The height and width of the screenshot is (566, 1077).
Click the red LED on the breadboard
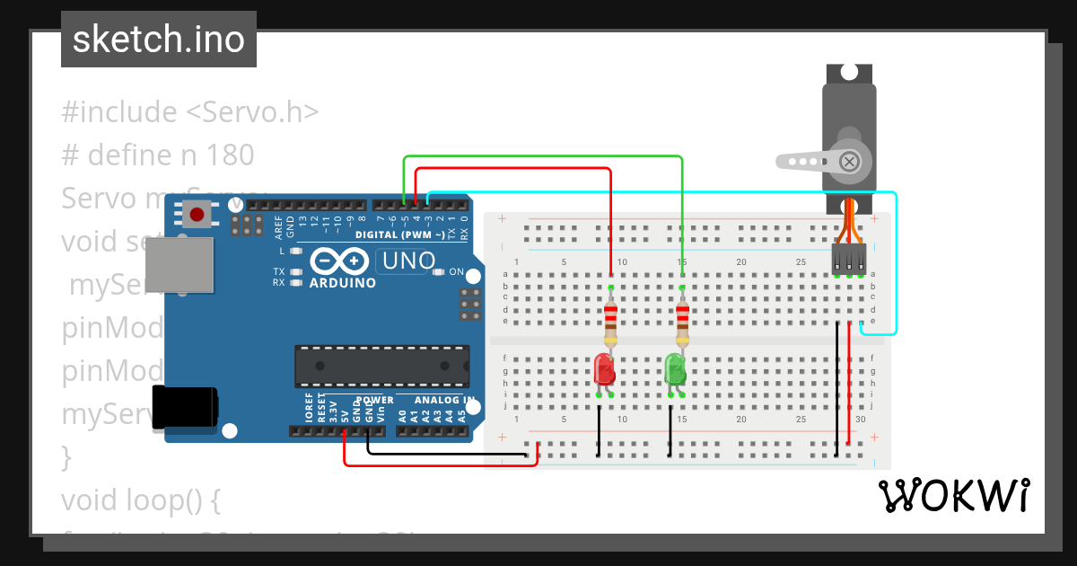tap(604, 369)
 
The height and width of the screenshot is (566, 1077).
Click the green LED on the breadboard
tap(675, 369)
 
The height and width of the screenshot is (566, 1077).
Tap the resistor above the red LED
tap(611, 324)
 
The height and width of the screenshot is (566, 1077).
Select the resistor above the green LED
tap(682, 324)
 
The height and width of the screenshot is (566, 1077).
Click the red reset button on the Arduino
tap(197, 213)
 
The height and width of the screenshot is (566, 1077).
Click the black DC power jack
tap(184, 406)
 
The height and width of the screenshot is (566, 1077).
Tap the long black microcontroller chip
tap(381, 367)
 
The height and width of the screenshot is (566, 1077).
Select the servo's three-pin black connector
tap(848, 260)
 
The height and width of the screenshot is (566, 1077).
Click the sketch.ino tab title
tap(159, 40)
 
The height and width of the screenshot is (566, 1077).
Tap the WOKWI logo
tap(953, 495)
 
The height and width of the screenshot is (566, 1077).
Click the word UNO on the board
tap(405, 261)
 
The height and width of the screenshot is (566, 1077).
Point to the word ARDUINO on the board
tap(342, 282)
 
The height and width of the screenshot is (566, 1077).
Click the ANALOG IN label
tap(444, 400)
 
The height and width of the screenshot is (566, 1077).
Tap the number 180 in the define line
tap(230, 155)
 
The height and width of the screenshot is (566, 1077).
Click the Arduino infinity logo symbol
tap(341, 261)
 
